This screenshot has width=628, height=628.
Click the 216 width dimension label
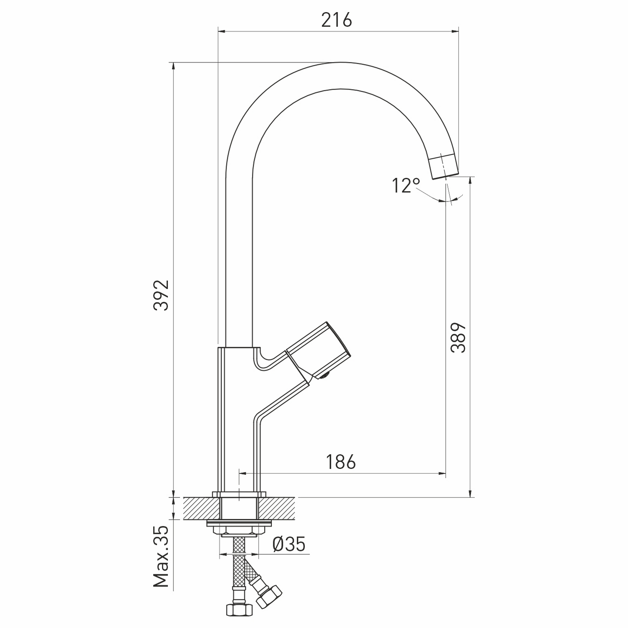(337, 20)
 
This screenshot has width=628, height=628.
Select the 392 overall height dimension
(161, 295)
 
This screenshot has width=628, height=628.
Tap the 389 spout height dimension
(458, 338)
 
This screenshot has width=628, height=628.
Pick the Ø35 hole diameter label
(289, 544)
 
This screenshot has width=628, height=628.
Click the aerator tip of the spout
(444, 166)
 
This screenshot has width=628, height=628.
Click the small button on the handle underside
(325, 376)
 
